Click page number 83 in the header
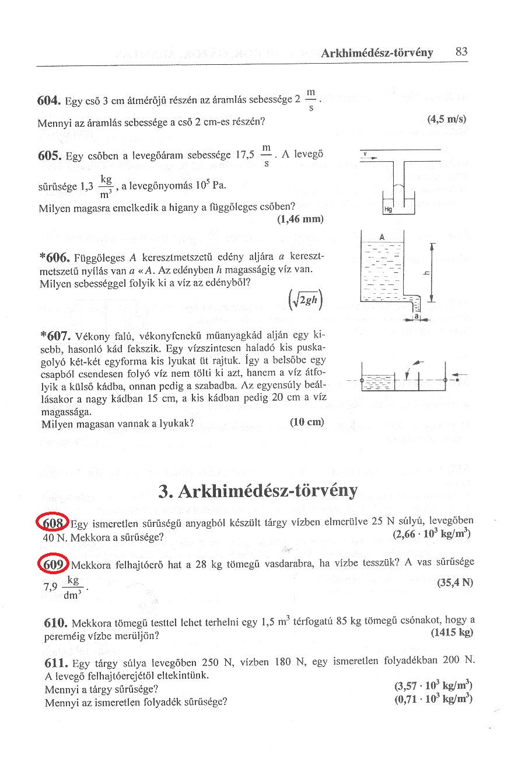click(x=461, y=52)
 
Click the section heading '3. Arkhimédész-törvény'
click(x=257, y=491)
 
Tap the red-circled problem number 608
click(x=52, y=521)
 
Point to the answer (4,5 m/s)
click(x=447, y=119)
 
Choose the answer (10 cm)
click(x=306, y=422)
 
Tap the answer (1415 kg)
click(x=451, y=633)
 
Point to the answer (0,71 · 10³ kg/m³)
click(x=433, y=699)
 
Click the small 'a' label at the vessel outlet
click(x=416, y=316)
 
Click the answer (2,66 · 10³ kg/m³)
click(x=432, y=533)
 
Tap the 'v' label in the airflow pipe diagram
click(x=365, y=154)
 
